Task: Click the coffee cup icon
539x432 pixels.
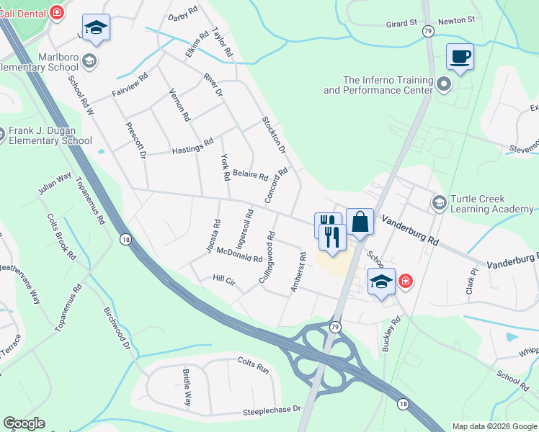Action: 460,57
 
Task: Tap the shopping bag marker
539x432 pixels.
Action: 360,221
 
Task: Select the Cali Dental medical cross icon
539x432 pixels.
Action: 57,12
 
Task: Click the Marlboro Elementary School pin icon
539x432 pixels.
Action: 90,60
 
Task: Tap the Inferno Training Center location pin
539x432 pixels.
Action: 444,86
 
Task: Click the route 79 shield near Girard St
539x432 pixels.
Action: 428,31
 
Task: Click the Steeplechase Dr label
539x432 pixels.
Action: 272,408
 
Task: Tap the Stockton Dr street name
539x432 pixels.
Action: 274,135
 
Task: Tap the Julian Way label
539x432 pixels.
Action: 55,184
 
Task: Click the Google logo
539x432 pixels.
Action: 24,423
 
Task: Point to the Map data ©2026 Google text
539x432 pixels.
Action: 493,426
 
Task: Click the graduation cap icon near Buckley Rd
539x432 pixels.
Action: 381,281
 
